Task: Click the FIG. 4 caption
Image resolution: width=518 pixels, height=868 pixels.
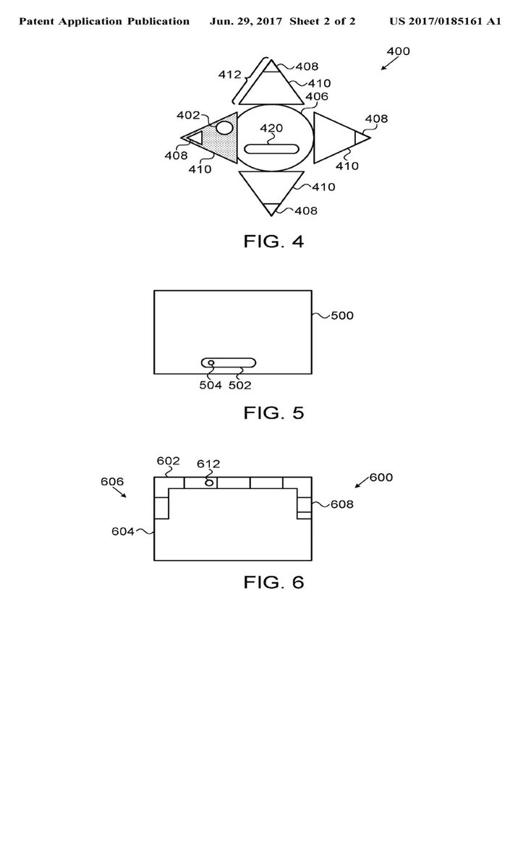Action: click(x=273, y=241)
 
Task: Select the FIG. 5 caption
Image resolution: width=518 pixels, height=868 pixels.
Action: click(x=273, y=413)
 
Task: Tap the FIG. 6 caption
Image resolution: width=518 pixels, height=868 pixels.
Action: click(x=273, y=582)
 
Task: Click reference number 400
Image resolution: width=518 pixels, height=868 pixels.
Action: click(x=398, y=51)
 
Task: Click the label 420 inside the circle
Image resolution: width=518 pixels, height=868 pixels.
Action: click(x=271, y=129)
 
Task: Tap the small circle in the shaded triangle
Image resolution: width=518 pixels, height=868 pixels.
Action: click(x=225, y=128)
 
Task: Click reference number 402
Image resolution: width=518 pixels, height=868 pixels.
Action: click(x=188, y=114)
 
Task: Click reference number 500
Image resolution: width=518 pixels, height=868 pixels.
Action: click(x=342, y=316)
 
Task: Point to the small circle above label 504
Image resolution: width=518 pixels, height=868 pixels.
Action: click(x=211, y=362)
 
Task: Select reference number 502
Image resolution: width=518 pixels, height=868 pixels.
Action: click(x=240, y=386)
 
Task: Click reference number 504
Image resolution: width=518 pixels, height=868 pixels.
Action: click(x=211, y=386)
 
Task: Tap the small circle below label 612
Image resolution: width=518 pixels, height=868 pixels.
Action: click(x=209, y=482)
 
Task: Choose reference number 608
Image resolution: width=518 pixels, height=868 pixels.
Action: click(x=341, y=504)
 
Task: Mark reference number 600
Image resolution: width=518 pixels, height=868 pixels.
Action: click(x=381, y=477)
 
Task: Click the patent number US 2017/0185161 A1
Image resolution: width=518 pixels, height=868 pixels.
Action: click(x=445, y=22)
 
